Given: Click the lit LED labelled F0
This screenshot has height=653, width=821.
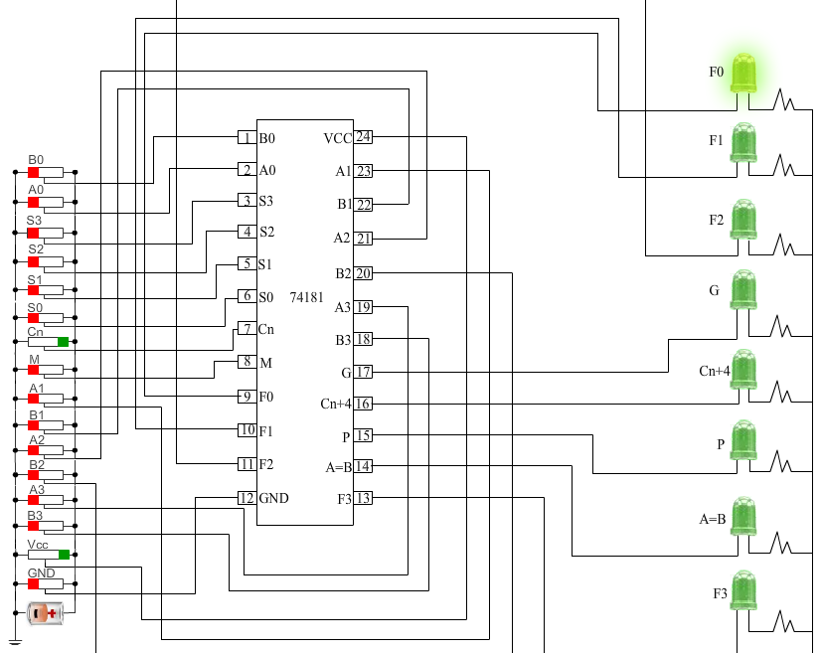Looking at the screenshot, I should [743, 74].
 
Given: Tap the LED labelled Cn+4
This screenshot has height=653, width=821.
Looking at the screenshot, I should [743, 370].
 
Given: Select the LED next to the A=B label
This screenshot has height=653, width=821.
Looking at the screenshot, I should [743, 517].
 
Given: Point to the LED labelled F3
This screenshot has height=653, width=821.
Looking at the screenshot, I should [743, 591].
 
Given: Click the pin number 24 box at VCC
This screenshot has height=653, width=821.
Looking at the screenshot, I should [364, 137].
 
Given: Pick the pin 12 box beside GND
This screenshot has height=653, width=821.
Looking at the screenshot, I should [246, 498].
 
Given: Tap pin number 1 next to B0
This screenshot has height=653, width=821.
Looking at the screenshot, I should [246, 138].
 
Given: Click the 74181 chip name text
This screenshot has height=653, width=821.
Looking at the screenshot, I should [306, 297].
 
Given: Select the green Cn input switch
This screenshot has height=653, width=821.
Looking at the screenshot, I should [63, 342].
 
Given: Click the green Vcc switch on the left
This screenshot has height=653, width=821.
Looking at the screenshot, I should [64, 555].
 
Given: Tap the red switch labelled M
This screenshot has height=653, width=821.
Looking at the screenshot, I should [34, 369].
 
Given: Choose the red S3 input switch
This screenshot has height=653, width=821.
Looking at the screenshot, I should [34, 232].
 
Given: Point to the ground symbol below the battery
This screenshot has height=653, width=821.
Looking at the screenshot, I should [15, 642].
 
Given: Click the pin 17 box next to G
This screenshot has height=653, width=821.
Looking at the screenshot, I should [364, 372].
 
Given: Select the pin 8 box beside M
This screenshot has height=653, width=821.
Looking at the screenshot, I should [246, 362].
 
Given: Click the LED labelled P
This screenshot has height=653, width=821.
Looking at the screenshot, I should [743, 442].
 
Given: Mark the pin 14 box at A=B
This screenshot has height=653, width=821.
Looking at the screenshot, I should [364, 466].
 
